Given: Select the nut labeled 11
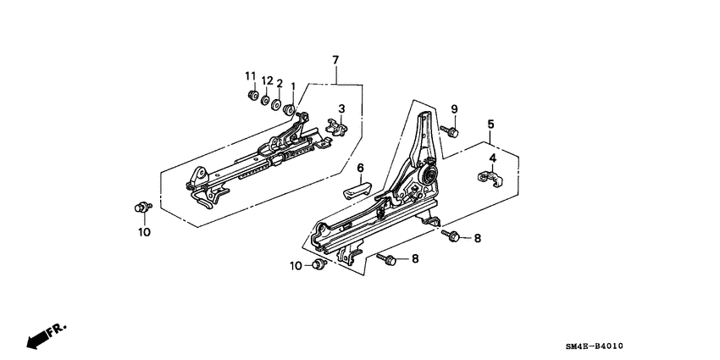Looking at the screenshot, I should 252,96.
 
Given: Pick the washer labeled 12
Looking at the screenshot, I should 265,102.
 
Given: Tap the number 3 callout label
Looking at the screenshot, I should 341,108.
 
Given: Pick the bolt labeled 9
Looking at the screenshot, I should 451,131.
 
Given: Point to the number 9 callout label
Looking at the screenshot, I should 454,109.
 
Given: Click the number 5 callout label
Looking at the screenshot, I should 490,125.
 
